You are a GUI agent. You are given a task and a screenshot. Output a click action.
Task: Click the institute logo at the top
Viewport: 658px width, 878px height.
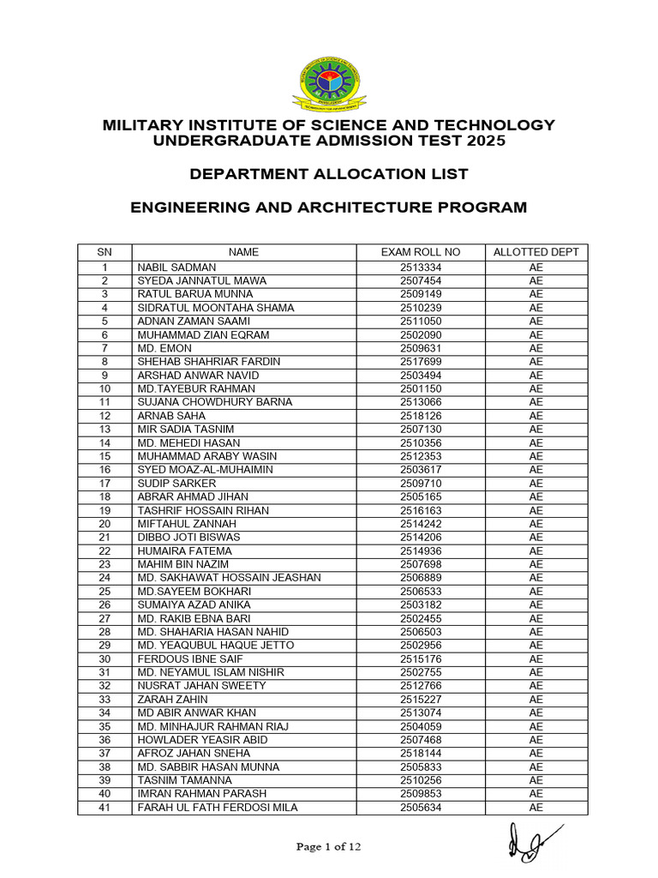[329, 84]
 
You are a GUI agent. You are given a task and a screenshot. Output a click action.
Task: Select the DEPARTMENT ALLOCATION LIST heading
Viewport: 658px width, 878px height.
[329, 174]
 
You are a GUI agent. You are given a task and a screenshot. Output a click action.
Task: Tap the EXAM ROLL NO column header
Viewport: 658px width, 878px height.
[420, 252]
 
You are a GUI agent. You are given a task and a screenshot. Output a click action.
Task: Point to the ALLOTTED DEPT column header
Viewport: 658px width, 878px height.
[536, 252]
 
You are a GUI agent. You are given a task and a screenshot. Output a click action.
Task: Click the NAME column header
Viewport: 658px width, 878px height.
[243, 252]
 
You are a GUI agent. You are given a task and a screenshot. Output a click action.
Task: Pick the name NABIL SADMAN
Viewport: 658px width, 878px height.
[170, 268]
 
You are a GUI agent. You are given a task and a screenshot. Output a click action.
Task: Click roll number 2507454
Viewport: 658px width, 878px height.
[420, 280]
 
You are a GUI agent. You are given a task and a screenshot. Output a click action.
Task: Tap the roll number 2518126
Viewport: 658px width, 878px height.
[420, 416]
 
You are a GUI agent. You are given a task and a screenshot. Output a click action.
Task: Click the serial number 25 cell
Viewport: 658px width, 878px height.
[105, 592]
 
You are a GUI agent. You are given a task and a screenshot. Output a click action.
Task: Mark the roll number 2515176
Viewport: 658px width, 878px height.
[420, 659]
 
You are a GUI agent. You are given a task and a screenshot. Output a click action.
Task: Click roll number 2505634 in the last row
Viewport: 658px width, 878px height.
[420, 808]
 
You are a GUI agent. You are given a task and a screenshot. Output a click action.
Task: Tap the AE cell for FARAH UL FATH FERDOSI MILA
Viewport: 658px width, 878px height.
[536, 808]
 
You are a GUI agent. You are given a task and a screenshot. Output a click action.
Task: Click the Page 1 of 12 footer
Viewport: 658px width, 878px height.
[329, 847]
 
